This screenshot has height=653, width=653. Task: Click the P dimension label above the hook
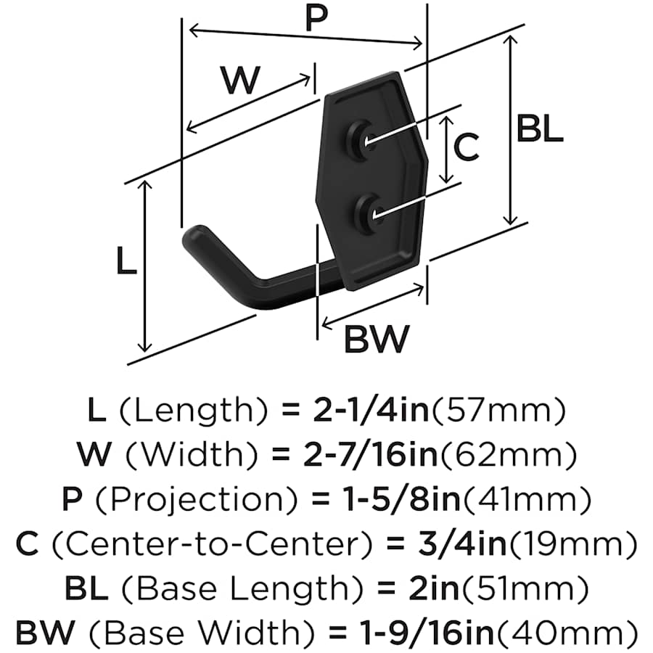(316, 19)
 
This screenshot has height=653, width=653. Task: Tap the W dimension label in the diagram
(241, 81)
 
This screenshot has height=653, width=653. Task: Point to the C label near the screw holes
(467, 147)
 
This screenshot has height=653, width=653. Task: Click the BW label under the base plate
(377, 339)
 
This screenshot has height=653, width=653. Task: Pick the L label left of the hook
(126, 260)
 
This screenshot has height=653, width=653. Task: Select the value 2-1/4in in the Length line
(371, 409)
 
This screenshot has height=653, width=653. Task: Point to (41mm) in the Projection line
(527, 498)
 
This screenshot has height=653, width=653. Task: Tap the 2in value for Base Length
(434, 588)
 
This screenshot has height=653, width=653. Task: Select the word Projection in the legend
(197, 498)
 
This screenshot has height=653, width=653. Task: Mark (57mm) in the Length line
(498, 409)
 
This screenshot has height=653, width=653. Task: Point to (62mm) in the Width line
(509, 454)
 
